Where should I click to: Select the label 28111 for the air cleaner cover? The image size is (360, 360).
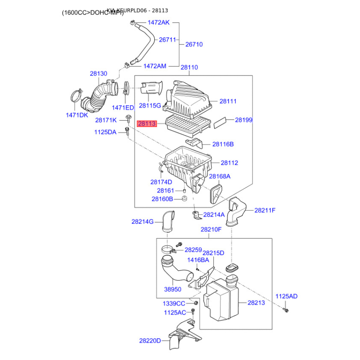228,102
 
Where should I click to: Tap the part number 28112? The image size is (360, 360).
229,163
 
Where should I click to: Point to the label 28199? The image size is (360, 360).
243,120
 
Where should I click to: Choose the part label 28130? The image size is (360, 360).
98,73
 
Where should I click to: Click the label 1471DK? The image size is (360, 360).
77,115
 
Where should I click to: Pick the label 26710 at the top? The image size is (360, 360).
194,44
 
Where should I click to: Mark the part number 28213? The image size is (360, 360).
256,303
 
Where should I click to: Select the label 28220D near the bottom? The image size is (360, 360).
150,341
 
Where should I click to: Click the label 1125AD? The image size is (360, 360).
286,296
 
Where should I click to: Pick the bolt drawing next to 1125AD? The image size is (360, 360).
285,310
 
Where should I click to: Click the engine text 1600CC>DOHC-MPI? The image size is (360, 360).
93,13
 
